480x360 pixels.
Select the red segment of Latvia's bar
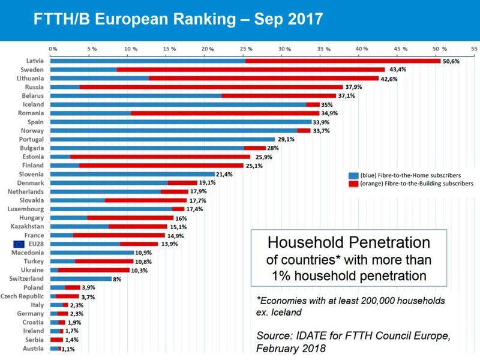[343, 61]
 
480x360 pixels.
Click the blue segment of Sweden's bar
[83, 70]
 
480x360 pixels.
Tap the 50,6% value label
[452, 61]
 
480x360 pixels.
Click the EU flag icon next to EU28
[19, 244]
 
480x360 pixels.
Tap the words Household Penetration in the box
[349, 243]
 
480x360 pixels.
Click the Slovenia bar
[132, 174]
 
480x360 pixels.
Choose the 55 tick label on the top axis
[474, 49]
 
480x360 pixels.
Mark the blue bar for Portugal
[163, 139]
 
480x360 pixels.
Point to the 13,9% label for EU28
[169, 244]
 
